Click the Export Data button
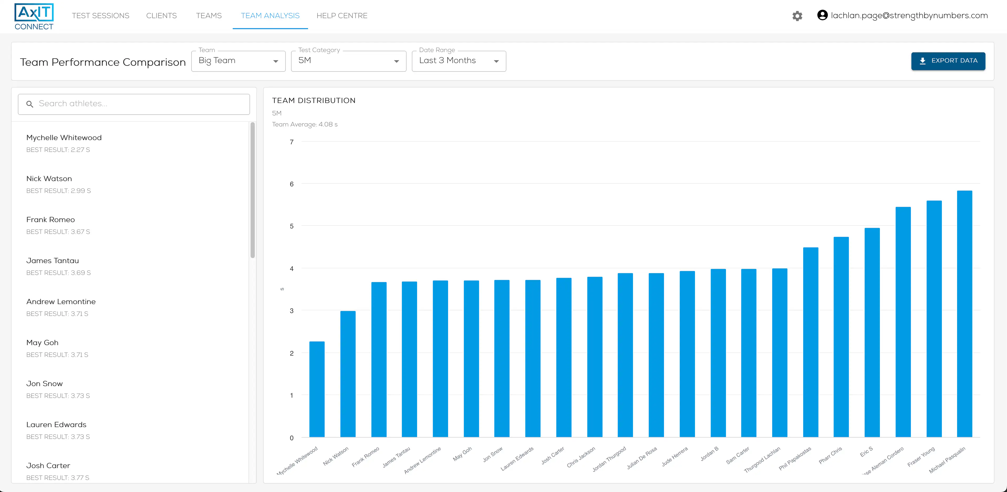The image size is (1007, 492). (x=948, y=61)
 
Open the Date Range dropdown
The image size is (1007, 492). (x=459, y=61)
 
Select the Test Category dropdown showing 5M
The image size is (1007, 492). (x=348, y=61)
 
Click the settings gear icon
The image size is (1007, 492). (x=797, y=16)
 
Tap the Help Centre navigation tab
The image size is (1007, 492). (x=342, y=16)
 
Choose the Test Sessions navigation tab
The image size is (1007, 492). (x=101, y=16)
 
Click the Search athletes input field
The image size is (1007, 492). (x=134, y=104)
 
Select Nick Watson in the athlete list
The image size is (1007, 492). (x=49, y=179)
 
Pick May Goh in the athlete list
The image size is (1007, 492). (x=42, y=343)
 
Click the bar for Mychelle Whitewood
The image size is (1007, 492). (x=317, y=389)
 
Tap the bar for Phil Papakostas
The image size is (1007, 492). (x=810, y=342)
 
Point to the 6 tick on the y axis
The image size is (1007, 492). (x=292, y=184)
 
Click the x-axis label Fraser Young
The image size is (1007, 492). (x=921, y=457)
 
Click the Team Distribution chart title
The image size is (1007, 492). (x=314, y=100)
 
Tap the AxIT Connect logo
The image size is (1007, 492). (x=34, y=16)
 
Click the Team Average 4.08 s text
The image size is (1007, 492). (x=304, y=124)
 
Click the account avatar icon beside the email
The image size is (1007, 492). (x=822, y=15)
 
